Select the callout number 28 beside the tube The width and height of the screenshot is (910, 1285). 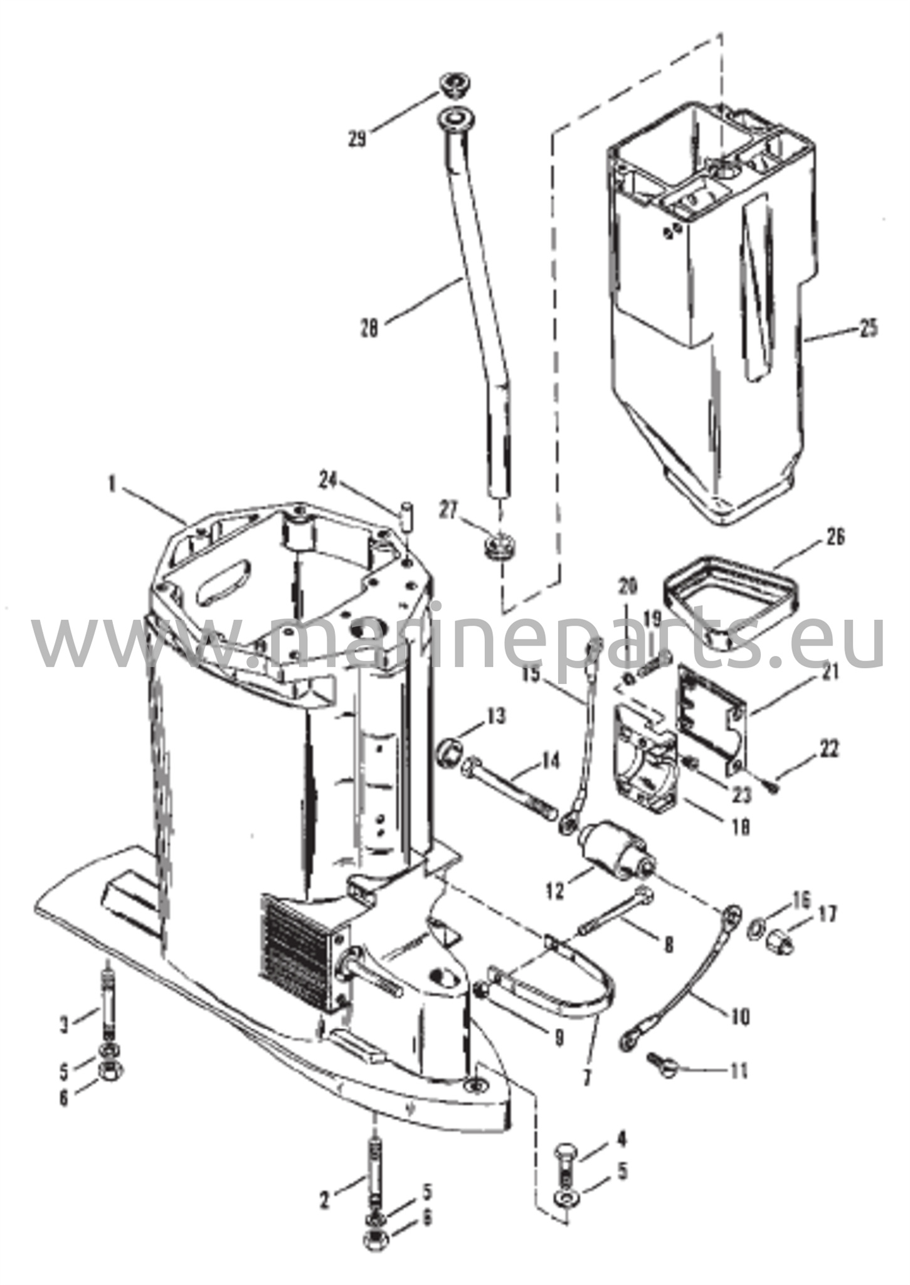click(x=370, y=329)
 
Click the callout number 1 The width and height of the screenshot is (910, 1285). click(x=112, y=486)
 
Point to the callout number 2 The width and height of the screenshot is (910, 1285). click(x=324, y=1183)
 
